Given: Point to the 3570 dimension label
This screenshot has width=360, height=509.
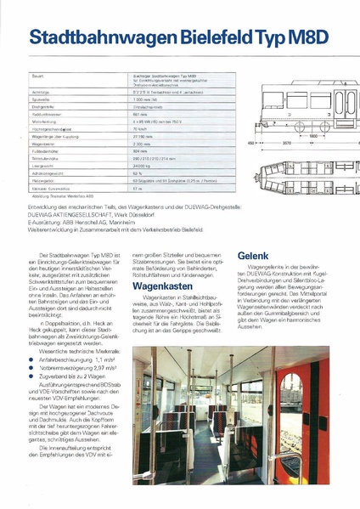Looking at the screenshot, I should tap(289, 144).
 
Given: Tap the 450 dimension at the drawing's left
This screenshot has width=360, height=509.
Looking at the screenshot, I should tap(250, 144).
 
